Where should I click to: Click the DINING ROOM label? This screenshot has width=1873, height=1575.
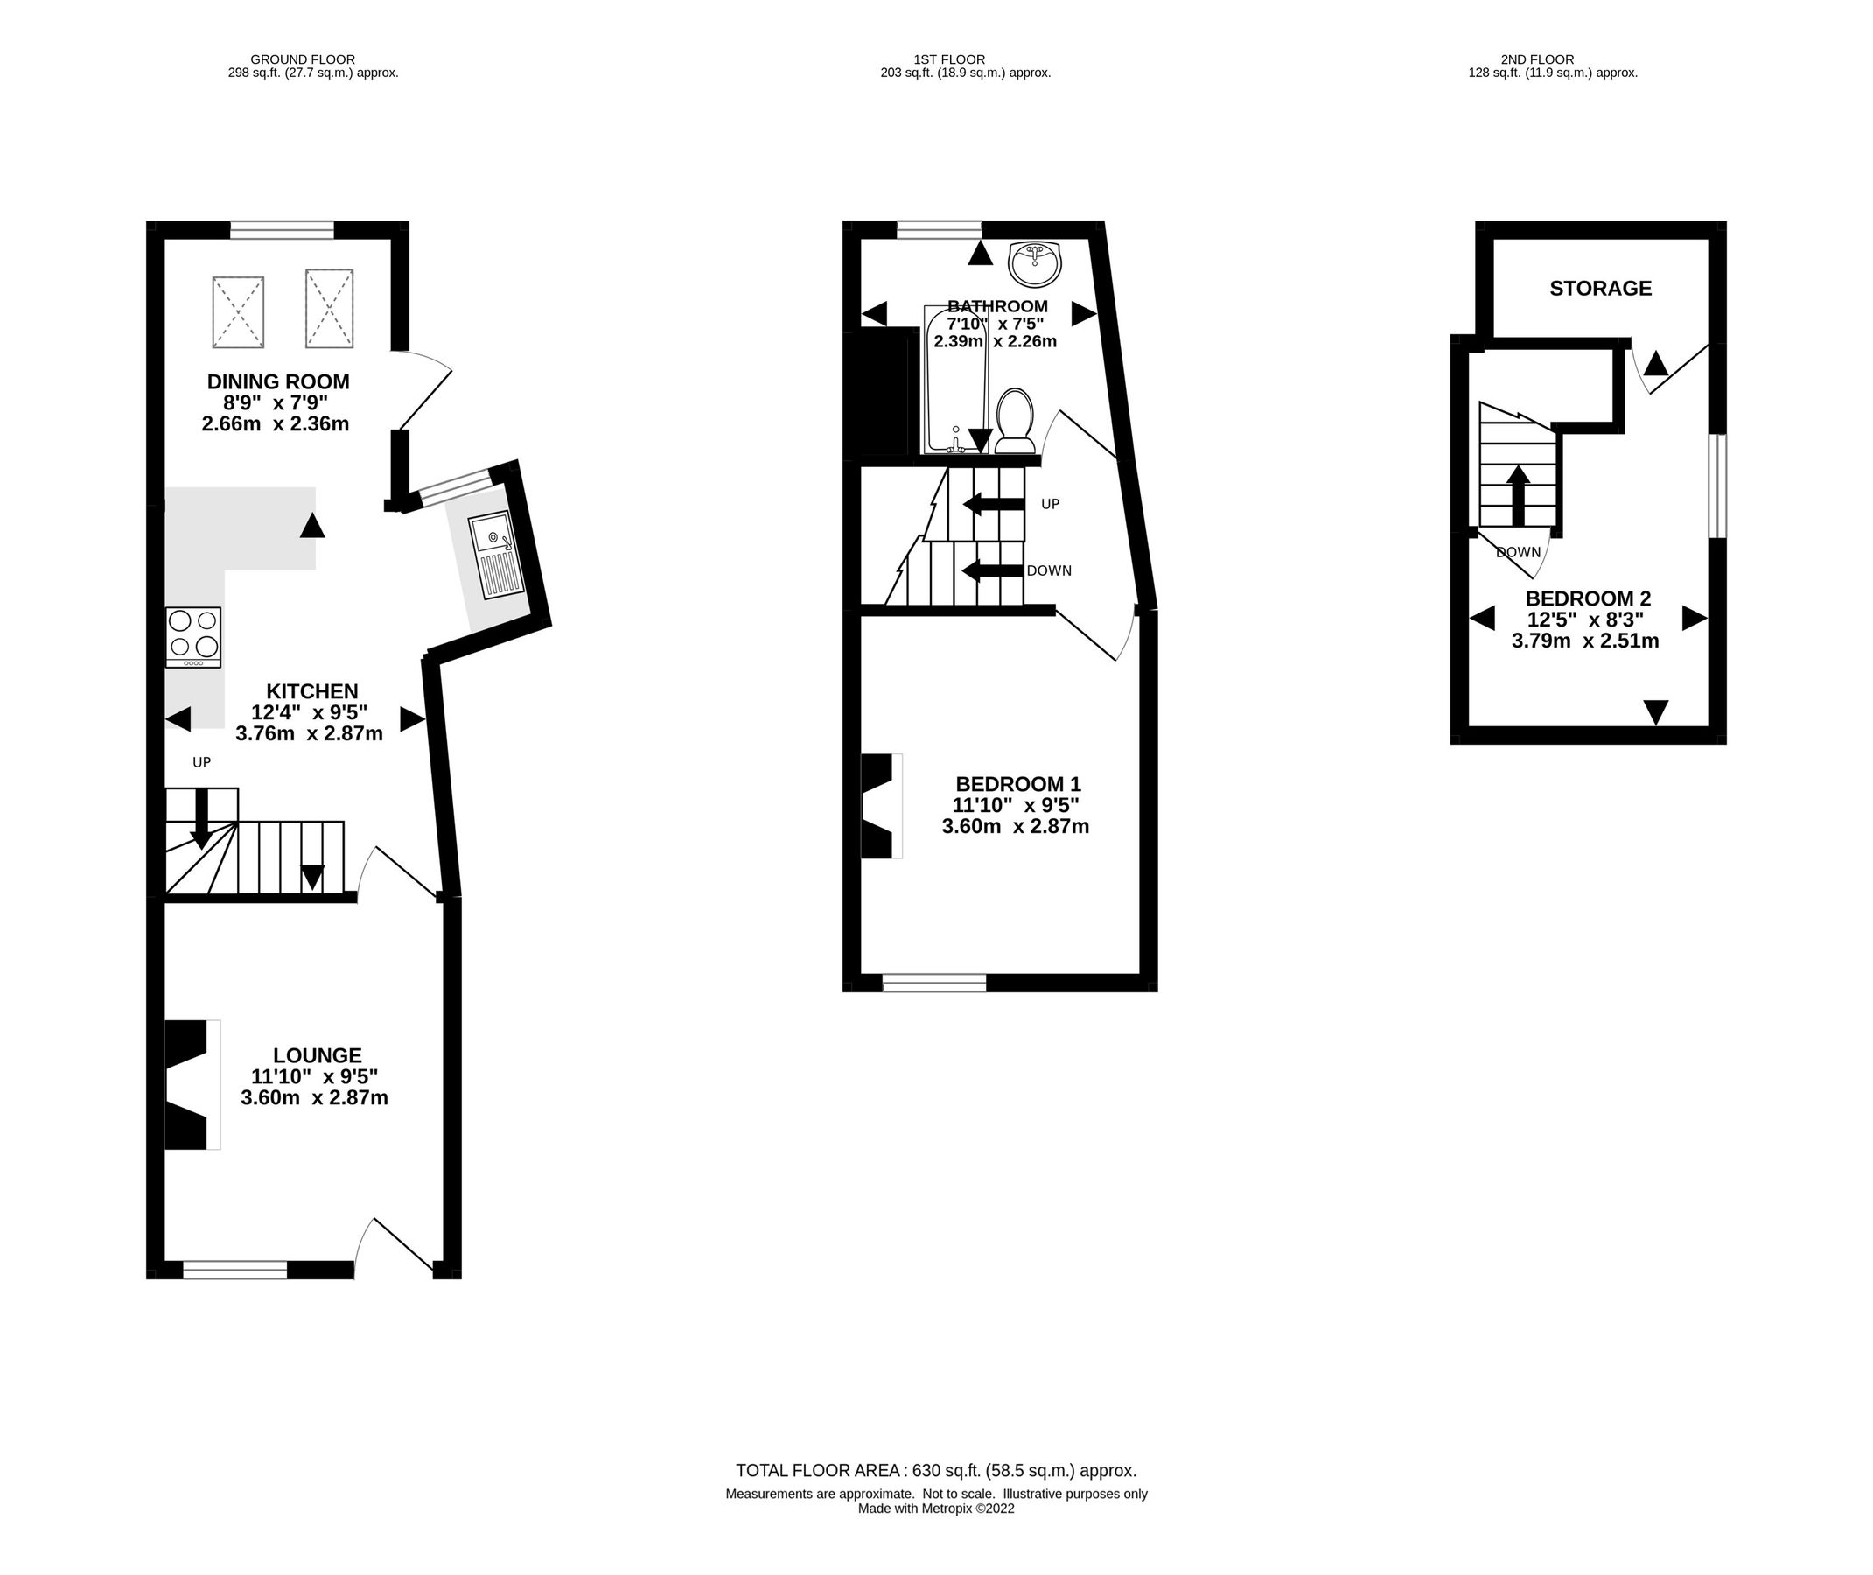pos(277,381)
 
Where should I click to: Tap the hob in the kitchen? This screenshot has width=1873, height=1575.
pos(192,637)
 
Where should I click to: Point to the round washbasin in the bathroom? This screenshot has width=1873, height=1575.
pos(1035,263)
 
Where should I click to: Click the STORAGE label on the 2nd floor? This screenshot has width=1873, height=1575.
pos(1600,289)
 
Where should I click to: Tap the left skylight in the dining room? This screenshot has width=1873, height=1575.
pos(238,311)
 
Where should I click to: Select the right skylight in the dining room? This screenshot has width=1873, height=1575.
pos(330,308)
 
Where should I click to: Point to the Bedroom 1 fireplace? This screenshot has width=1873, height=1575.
pos(879,806)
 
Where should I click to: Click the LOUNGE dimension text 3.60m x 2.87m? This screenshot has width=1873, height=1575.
pos(314,1098)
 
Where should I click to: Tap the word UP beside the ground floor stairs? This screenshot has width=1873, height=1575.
pos(202,761)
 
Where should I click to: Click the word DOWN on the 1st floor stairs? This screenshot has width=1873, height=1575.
pos(1049,570)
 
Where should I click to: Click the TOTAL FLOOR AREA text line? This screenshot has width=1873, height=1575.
pos(935,1471)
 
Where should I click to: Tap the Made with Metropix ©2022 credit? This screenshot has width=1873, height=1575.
pos(935,1508)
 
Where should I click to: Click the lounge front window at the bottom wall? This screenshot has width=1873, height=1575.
pos(235,1269)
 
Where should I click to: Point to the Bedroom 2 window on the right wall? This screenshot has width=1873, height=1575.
pos(1716,486)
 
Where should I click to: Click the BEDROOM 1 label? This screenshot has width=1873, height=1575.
pos(1017,784)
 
